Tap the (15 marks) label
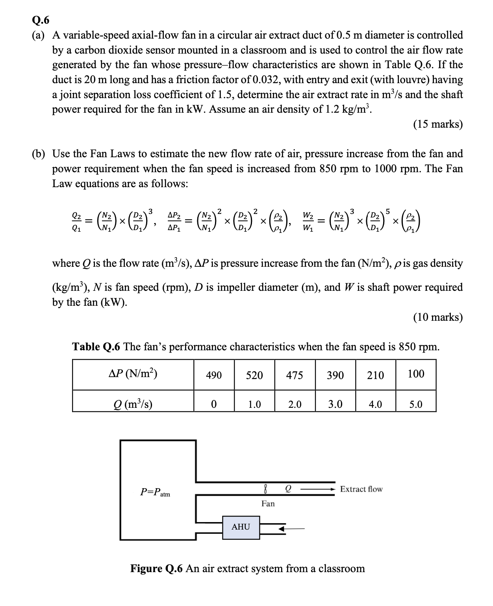click(437, 124)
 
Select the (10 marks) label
click(437, 317)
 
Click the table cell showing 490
click(214, 375)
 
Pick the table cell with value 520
click(254, 375)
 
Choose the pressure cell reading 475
click(295, 375)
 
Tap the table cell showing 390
click(335, 375)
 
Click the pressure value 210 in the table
click(375, 375)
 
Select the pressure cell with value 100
click(416, 374)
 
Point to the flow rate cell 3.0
click(335, 404)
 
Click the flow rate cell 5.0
click(416, 404)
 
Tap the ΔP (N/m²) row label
click(133, 374)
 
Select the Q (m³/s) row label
click(133, 404)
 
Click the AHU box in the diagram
click(241, 527)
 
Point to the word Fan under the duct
click(268, 504)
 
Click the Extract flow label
click(361, 489)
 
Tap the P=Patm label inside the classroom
click(155, 493)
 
